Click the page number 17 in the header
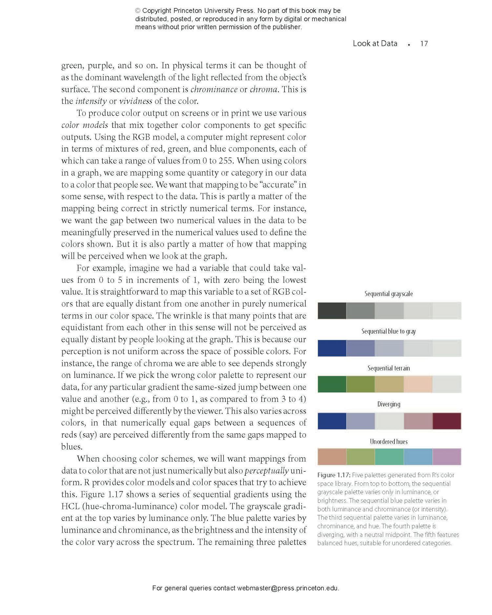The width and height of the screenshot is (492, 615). point(424,44)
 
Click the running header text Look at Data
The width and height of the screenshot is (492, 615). point(375,44)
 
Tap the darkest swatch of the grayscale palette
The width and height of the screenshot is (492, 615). point(332,311)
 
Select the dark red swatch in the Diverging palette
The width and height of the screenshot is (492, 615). point(447,421)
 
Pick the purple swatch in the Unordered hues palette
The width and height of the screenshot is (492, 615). point(447,457)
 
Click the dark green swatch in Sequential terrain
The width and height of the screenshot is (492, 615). point(332,384)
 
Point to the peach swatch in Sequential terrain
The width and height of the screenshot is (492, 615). point(418,384)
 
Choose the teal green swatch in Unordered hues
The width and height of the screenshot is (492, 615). point(389,457)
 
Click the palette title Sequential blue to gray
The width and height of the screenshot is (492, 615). point(389,331)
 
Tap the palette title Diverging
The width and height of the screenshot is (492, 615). point(389,404)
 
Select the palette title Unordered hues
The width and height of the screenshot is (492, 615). point(389,441)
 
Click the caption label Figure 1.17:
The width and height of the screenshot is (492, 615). point(334,475)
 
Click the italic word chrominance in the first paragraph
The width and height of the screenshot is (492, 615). point(214,89)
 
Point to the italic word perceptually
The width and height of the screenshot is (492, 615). point(267,471)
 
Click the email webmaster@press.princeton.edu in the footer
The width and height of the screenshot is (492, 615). point(288,588)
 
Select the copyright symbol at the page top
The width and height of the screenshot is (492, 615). point(138,11)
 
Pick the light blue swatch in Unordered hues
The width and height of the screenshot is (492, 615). point(418,457)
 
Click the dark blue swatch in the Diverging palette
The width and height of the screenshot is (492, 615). point(332,421)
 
